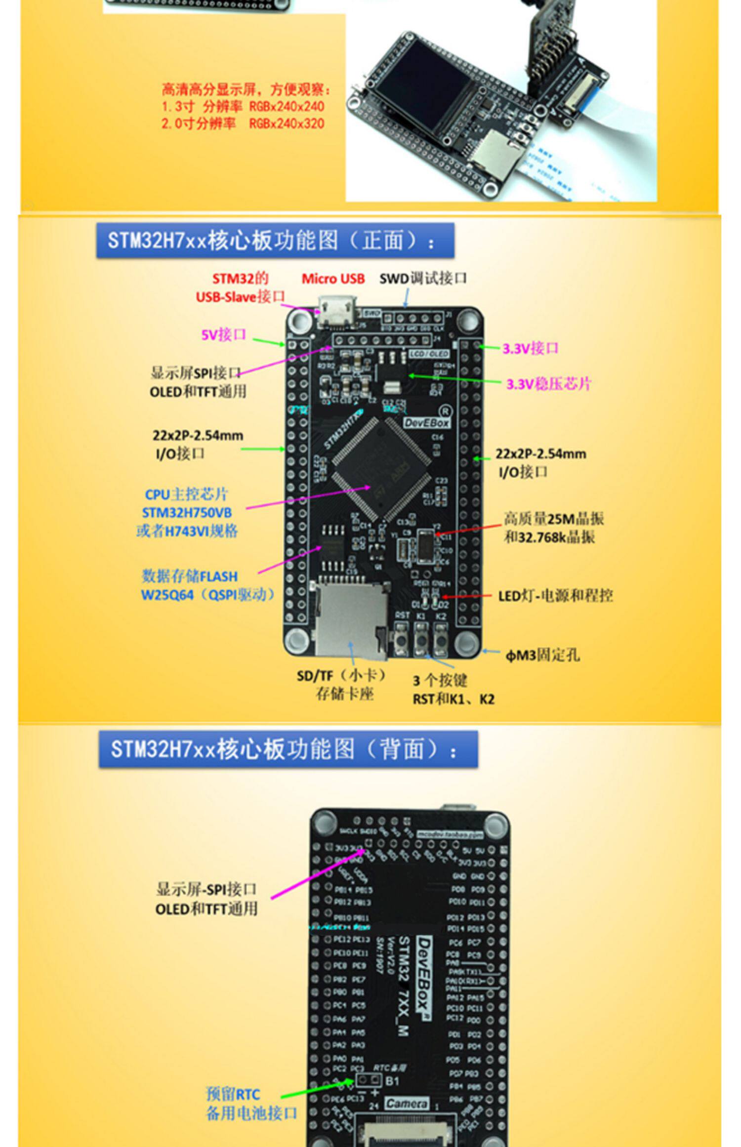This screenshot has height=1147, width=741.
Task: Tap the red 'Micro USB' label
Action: click(x=333, y=279)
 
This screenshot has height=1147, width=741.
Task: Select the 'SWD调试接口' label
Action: click(x=423, y=279)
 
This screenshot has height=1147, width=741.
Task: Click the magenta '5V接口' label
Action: click(x=223, y=335)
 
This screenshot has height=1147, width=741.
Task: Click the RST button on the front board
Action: click(x=402, y=641)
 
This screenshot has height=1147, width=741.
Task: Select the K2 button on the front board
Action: click(x=441, y=641)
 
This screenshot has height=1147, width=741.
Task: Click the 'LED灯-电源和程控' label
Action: click(x=555, y=596)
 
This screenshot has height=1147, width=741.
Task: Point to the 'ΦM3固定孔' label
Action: click(x=542, y=655)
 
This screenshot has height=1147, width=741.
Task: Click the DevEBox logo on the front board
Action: click(x=427, y=423)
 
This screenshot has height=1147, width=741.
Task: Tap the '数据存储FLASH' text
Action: click(x=190, y=576)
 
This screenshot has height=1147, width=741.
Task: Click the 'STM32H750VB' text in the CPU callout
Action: click(x=187, y=512)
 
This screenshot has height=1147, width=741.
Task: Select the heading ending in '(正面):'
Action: click(x=275, y=241)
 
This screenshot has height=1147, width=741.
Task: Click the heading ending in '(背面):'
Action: click(x=288, y=749)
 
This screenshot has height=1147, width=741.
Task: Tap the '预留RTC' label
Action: click(x=233, y=1094)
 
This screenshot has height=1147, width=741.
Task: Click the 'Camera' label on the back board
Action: click(x=406, y=1103)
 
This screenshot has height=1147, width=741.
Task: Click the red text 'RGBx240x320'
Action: click(x=287, y=123)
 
